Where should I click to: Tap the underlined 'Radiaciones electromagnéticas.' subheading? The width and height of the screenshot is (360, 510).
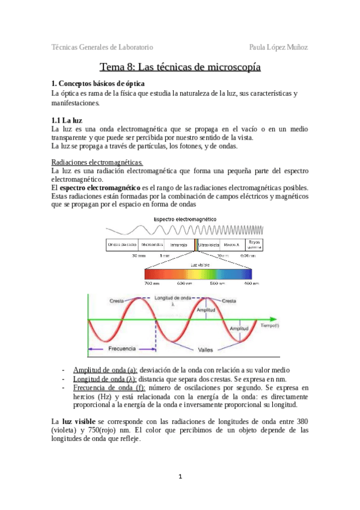click(x=97, y=162)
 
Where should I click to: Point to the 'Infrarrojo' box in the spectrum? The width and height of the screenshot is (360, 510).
click(x=178, y=245)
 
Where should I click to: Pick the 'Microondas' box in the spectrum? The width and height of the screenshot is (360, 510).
click(x=153, y=245)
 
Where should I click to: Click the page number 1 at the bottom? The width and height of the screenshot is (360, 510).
click(x=180, y=476)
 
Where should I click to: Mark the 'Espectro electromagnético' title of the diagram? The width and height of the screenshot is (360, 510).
click(x=186, y=219)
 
